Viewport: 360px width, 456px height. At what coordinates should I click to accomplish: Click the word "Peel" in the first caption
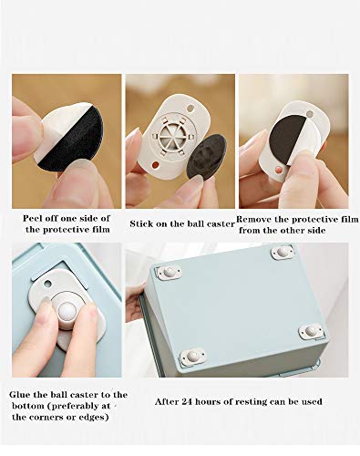pyautogui.click(x=32, y=218)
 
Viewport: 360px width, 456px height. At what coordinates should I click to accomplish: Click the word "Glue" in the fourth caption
pyautogui.click(x=20, y=395)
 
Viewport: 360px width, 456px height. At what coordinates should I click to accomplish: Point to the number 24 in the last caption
pyautogui.click(x=187, y=401)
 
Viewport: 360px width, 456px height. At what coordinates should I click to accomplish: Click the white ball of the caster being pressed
pyautogui.click(x=67, y=312)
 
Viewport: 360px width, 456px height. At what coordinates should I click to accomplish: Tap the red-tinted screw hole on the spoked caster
pyautogui.click(x=155, y=165)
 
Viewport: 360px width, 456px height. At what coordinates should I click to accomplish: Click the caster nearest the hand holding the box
pyautogui.click(x=169, y=272)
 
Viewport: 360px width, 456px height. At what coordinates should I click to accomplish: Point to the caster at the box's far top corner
pyautogui.click(x=283, y=252)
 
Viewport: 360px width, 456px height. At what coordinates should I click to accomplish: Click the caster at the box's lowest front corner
pyautogui.click(x=193, y=356)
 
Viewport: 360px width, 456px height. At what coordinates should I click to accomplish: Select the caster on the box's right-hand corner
pyautogui.click(x=311, y=331)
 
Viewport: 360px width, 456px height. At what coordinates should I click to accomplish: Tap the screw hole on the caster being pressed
pyautogui.click(x=47, y=284)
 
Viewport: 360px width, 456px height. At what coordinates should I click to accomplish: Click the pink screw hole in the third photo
pyautogui.click(x=277, y=169)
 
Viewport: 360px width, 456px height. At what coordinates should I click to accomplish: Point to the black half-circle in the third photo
pyautogui.click(x=287, y=137)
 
